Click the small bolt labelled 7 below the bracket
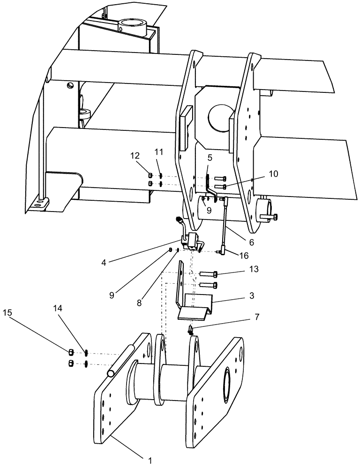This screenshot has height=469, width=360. (x=191, y=331)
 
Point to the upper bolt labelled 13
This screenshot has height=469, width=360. (x=208, y=274)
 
